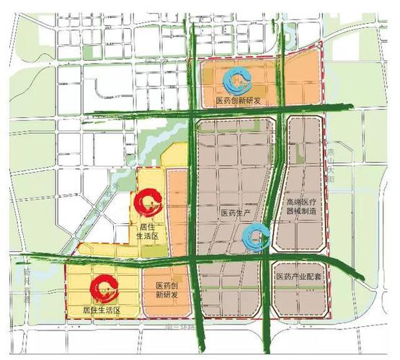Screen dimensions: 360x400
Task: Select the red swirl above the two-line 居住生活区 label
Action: pos(148,202)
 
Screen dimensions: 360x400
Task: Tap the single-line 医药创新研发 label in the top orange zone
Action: pos(238,102)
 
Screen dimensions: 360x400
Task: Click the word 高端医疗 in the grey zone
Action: pos(302,202)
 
